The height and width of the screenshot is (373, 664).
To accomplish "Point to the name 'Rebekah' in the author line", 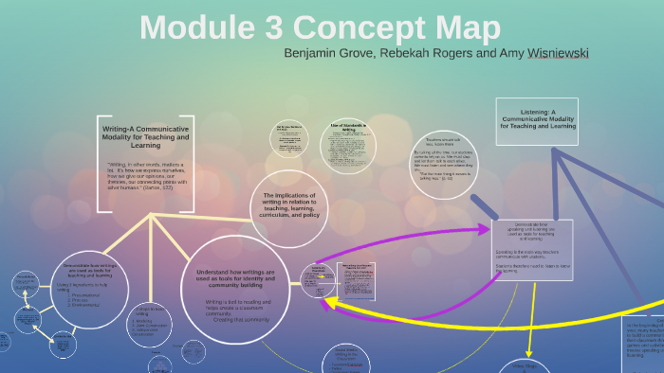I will click(410, 52).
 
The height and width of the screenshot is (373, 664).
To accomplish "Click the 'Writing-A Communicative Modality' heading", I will click(146, 136).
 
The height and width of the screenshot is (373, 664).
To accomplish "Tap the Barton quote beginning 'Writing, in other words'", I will click(147, 175).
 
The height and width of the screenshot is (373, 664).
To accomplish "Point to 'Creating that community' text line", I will click(235, 320).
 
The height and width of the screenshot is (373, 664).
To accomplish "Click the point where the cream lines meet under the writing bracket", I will click(150, 215).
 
